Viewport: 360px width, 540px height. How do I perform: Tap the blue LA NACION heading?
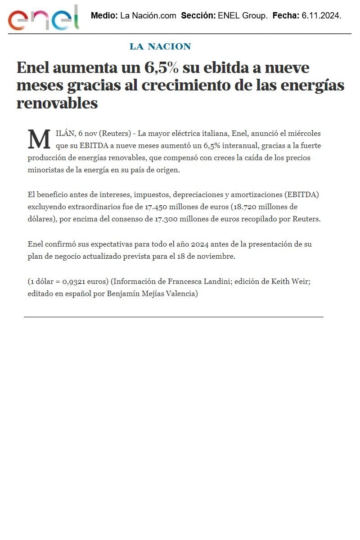point(160,46)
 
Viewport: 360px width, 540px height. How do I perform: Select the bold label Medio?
point(104,16)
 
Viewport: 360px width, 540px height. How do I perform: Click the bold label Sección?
point(198,16)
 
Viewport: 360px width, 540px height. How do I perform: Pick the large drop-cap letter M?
point(39,139)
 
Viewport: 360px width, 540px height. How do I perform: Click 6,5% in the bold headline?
point(161,68)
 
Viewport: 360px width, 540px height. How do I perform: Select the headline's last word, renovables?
point(57,103)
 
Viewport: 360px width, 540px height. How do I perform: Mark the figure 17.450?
point(157,207)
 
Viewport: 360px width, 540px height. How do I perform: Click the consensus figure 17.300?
point(167,219)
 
